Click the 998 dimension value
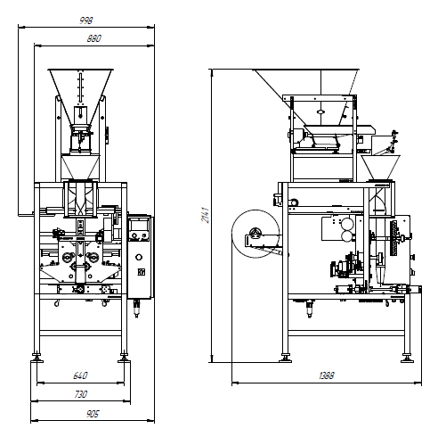[86, 21]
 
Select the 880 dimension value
[93, 38]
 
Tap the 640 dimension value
[80, 375]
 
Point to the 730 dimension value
[80, 394]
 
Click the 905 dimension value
[93, 414]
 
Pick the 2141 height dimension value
[206, 215]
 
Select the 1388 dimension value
[327, 375]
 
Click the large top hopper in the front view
[80, 95]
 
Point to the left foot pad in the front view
[36, 360]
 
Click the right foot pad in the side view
[407, 360]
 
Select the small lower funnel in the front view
[80, 167]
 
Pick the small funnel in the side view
[380, 167]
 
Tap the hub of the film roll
[255, 234]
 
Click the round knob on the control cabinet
[139, 257]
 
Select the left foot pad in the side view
[285, 360]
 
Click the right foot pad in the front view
[124, 360]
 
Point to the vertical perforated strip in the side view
[394, 238]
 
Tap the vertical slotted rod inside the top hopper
[80, 87]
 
